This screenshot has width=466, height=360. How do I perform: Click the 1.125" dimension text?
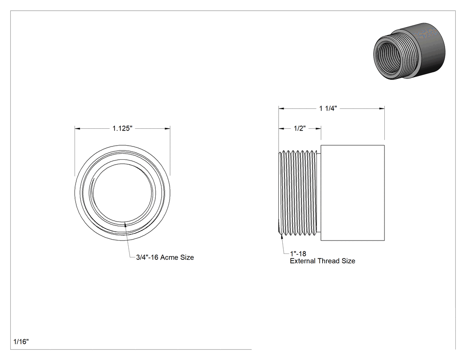pos(122,128)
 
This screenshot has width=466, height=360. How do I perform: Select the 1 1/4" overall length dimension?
pos(328,108)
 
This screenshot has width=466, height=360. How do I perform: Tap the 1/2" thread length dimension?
pos(300,128)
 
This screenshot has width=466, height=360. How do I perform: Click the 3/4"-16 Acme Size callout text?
pos(165,257)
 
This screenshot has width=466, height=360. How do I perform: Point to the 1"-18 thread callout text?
pos(298,253)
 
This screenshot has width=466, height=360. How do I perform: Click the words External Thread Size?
pos(323,261)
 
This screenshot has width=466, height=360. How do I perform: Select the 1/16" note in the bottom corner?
pos(21,341)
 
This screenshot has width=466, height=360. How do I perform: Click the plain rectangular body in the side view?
pos(353,193)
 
